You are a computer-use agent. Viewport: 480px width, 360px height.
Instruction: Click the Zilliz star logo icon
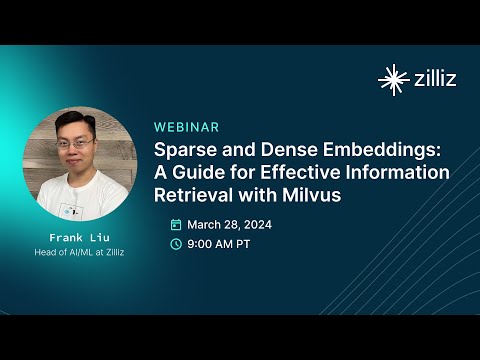392,79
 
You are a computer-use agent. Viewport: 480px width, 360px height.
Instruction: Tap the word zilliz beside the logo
434,79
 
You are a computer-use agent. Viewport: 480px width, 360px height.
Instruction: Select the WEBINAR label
187,127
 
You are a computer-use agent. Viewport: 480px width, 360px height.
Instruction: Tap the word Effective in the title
296,172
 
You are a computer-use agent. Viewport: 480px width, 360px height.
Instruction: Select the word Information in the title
392,172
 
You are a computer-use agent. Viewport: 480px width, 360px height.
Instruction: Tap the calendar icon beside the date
176,224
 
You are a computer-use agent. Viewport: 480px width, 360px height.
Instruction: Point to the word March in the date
206,224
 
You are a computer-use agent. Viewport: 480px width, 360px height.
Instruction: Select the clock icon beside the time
176,243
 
